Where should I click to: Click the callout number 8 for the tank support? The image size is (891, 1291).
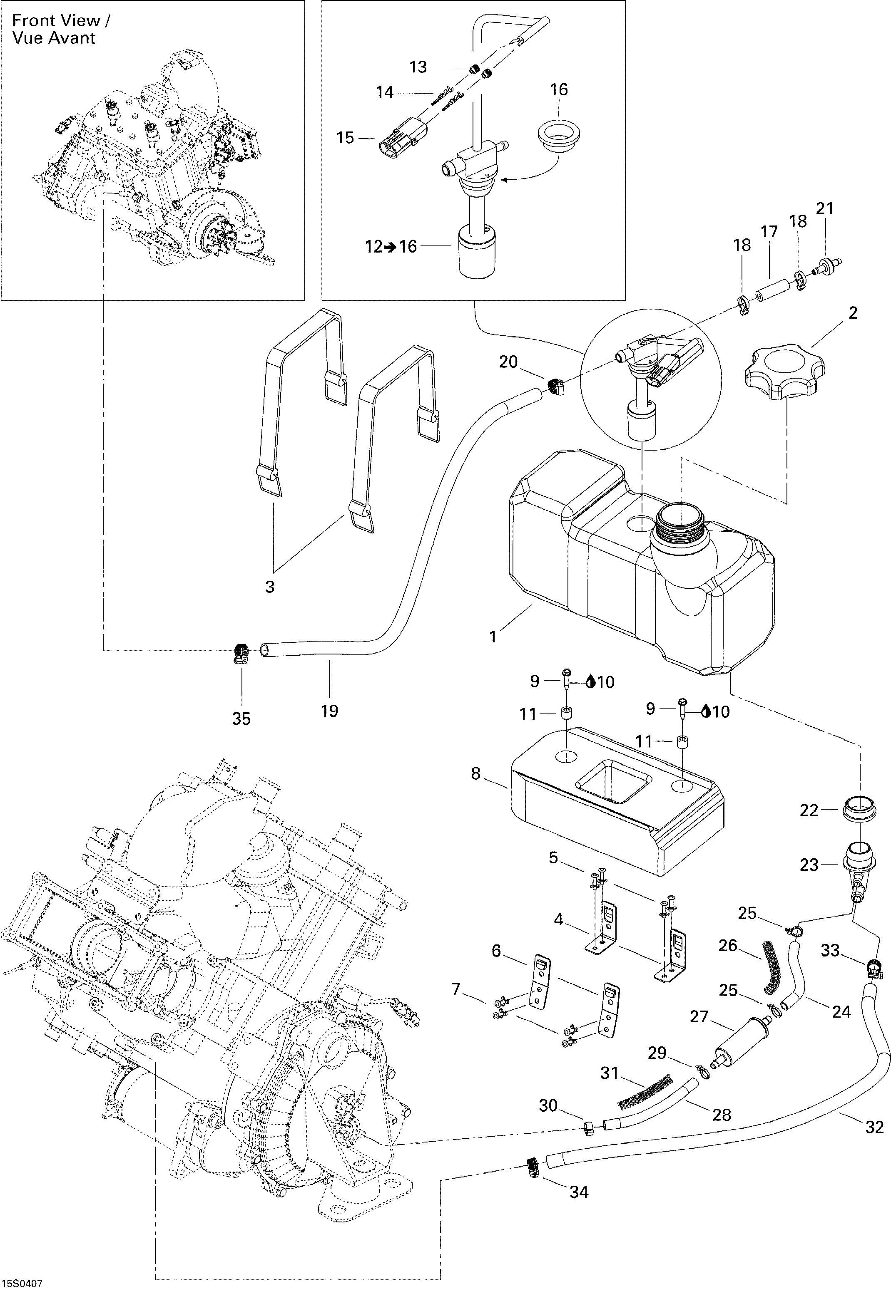click(475, 774)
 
